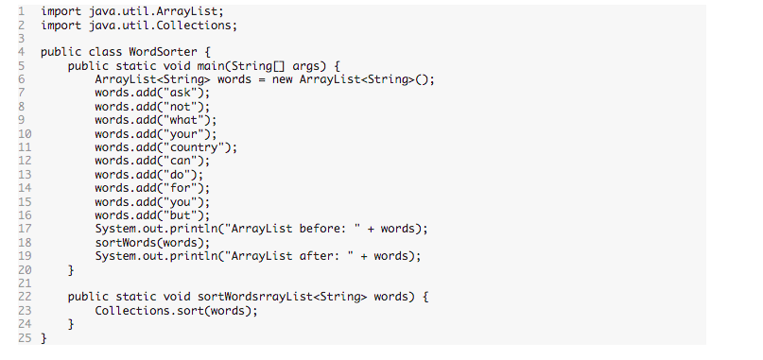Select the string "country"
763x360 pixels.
tap(197, 147)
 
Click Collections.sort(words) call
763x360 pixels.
tap(176, 311)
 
